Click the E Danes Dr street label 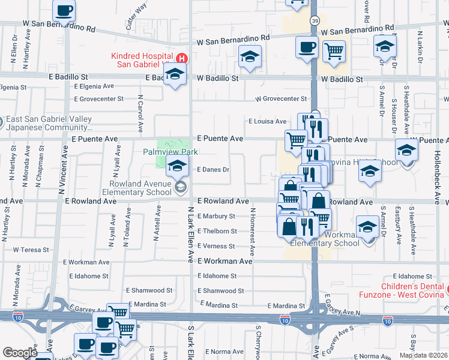click(x=214, y=170)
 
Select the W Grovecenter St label click(x=281, y=99)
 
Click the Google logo click(x=20, y=353)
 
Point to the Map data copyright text click(x=423, y=355)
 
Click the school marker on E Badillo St click(x=175, y=74)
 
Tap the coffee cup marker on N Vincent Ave click(x=64, y=11)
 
